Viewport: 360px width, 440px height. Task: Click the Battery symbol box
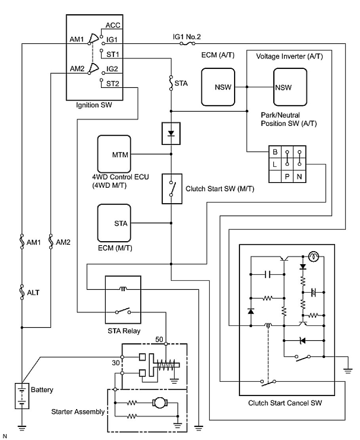(22, 396)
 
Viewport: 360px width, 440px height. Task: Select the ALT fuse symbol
(22, 292)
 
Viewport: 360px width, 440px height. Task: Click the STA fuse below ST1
(171, 83)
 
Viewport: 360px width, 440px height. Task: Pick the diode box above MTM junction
(171, 133)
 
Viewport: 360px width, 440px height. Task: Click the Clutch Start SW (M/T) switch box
(172, 189)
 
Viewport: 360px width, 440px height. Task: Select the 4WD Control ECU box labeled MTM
(114, 154)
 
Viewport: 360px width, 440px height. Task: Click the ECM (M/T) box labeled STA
(114, 223)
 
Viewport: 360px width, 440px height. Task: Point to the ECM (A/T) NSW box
(218, 87)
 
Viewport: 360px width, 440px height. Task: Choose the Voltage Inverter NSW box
(290, 87)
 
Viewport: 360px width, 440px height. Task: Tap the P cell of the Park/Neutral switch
(287, 177)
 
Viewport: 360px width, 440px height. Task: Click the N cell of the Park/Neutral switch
(299, 177)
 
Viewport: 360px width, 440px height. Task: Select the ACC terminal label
(113, 25)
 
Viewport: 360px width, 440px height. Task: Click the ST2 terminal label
(113, 83)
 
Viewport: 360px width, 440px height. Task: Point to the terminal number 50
(159, 339)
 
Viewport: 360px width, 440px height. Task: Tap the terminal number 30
(116, 363)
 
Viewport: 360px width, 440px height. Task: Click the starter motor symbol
(160, 403)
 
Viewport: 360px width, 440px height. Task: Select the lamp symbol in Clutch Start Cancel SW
(313, 256)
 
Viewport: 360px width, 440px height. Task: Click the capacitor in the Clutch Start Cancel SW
(268, 274)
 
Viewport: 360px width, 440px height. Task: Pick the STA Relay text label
(124, 331)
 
